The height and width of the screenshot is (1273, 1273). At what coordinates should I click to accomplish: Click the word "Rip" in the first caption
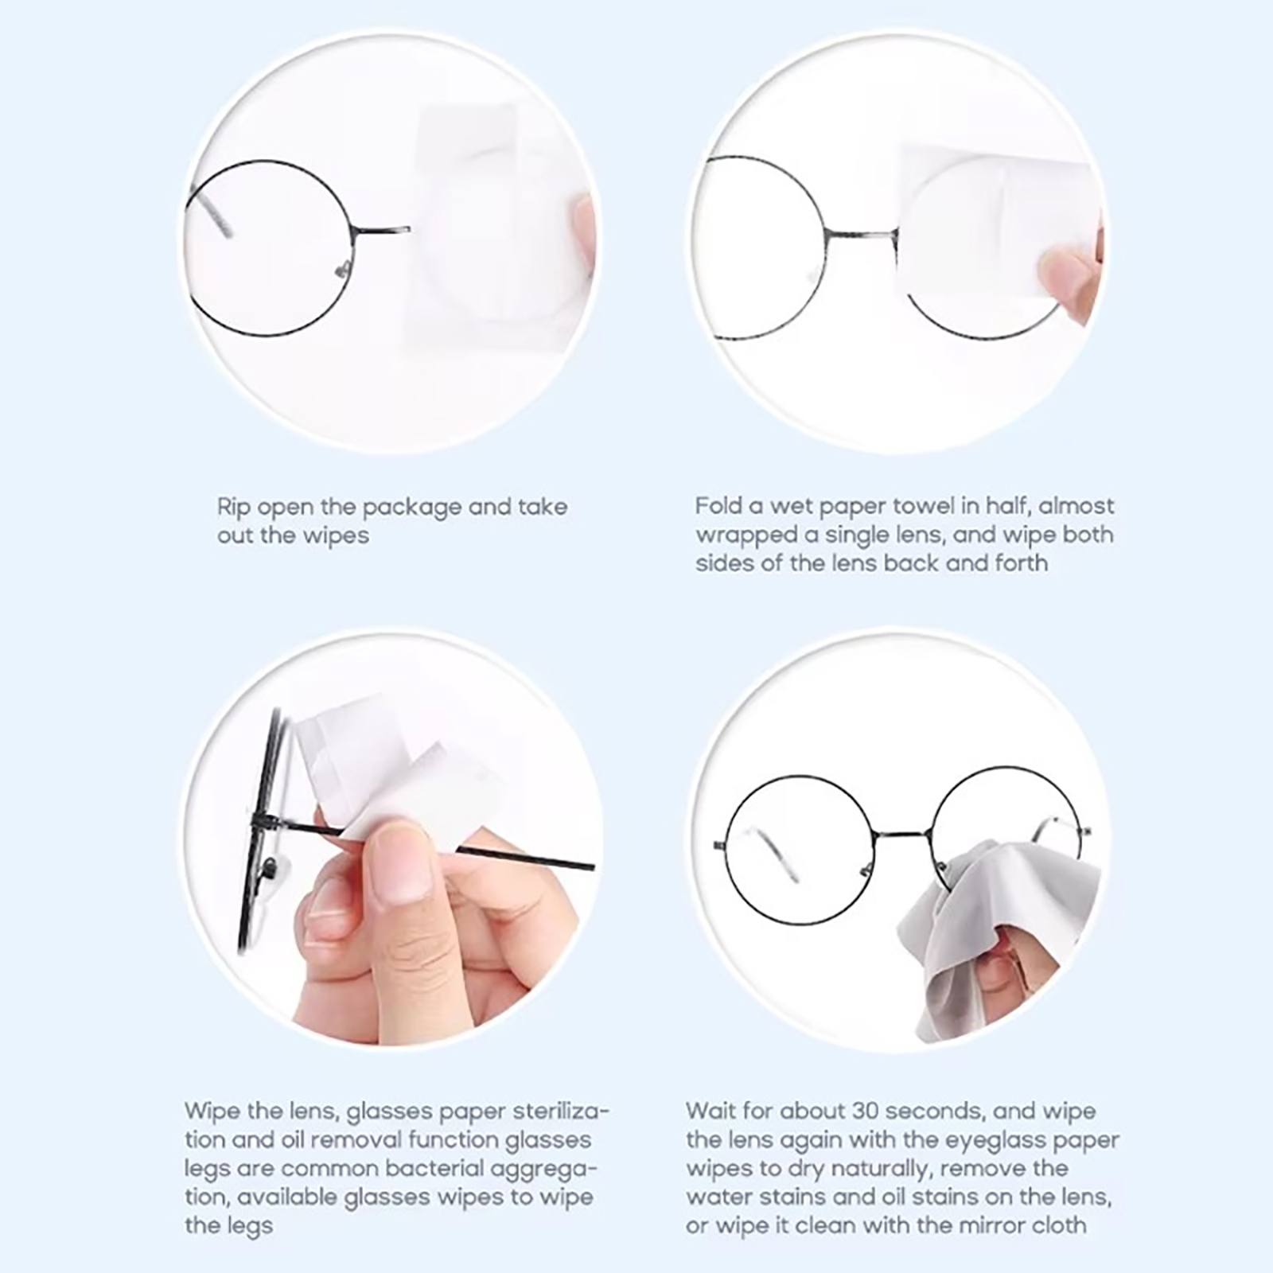pyautogui.click(x=233, y=508)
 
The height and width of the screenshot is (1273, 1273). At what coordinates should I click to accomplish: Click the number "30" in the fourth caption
pyautogui.click(x=868, y=1111)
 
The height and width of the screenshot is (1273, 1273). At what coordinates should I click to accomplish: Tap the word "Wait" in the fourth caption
pyautogui.click(x=711, y=1111)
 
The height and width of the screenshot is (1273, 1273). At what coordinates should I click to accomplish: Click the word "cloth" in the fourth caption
pyautogui.click(x=1059, y=1225)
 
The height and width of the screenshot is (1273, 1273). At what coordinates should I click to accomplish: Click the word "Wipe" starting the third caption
pyautogui.click(x=209, y=1111)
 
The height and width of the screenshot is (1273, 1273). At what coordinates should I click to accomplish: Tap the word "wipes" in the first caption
pyautogui.click(x=335, y=536)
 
